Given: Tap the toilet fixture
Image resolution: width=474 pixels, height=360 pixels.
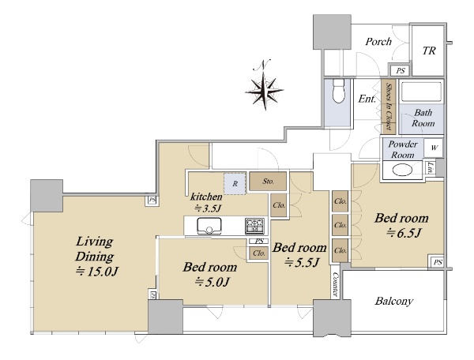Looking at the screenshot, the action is [x=339, y=91].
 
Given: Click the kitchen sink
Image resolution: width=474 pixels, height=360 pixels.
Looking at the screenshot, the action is [x=209, y=226].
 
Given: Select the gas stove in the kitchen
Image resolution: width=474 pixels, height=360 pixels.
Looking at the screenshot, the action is [x=256, y=226].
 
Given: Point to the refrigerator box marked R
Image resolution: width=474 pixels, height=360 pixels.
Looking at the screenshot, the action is [x=235, y=184].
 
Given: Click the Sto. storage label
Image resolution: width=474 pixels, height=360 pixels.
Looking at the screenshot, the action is [x=268, y=182].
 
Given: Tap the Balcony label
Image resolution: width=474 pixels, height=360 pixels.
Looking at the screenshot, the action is [x=394, y=301].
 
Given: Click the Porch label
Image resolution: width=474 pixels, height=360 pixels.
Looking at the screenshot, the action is [x=378, y=41].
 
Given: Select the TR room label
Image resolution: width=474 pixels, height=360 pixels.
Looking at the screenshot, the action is [x=429, y=51].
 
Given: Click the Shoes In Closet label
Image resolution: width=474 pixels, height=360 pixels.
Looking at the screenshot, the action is [x=389, y=107].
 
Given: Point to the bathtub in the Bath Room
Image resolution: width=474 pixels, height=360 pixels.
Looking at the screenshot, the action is [x=421, y=92].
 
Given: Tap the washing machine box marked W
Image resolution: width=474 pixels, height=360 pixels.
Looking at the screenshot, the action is [x=434, y=148].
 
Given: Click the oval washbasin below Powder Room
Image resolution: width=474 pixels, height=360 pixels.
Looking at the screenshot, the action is [x=402, y=170].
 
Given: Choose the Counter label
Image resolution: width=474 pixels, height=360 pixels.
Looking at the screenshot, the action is [x=335, y=284].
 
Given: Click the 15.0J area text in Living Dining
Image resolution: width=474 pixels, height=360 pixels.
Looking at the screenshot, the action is [x=96, y=272].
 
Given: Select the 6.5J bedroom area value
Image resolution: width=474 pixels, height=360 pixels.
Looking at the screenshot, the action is [x=404, y=233].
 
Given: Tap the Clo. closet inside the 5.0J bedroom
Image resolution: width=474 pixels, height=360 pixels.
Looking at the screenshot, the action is [x=259, y=253].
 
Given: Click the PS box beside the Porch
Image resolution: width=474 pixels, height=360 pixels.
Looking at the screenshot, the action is [x=401, y=71].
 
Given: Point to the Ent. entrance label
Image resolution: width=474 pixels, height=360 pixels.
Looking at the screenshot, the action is [x=367, y=99].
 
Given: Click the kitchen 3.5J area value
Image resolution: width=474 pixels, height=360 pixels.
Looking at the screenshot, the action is [x=207, y=208].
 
